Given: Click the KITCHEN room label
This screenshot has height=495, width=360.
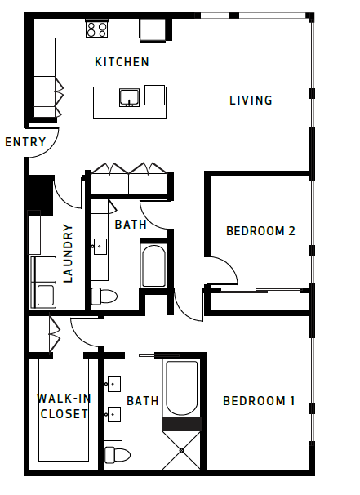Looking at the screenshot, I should [x=122, y=62].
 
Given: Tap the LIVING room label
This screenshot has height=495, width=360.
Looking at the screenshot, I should [x=250, y=100].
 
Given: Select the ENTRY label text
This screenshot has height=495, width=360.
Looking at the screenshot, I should [x=25, y=142].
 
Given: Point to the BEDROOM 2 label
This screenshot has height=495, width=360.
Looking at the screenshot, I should [x=260, y=231].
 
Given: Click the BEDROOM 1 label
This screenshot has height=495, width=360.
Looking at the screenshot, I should [x=259, y=401].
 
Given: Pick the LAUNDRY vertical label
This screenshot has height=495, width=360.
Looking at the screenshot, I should [x=69, y=253].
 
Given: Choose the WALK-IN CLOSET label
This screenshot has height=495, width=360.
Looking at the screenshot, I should [x=63, y=406].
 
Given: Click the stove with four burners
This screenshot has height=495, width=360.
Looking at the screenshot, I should [x=97, y=29].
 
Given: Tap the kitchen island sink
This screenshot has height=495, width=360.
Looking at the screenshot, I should [x=129, y=98].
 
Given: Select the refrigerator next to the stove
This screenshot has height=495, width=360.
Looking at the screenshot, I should [x=153, y=29].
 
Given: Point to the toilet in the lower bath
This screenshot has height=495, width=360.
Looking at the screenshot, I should [x=118, y=454].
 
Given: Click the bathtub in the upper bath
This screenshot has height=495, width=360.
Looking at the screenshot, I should [x=153, y=264].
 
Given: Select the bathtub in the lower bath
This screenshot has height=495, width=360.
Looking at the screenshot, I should [x=181, y=388].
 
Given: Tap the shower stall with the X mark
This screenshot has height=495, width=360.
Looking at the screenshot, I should [x=181, y=450].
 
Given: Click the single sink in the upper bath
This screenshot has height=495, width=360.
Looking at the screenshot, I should [x=100, y=244].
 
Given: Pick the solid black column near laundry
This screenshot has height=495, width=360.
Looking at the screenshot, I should [x=39, y=194].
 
